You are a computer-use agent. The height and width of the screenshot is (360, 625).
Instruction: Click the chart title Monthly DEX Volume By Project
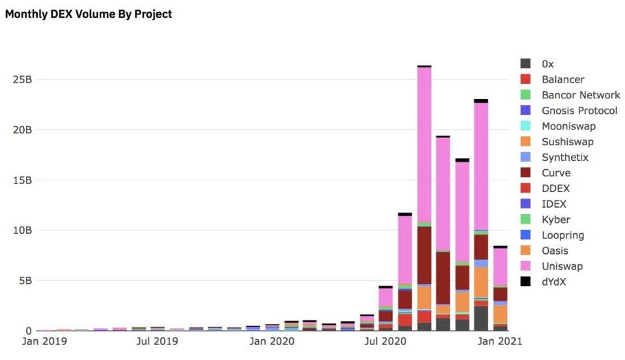click(x=89, y=14)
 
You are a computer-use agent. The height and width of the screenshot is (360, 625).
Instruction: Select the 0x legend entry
click(x=548, y=64)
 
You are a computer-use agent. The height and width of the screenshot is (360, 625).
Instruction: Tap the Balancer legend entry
click(x=562, y=79)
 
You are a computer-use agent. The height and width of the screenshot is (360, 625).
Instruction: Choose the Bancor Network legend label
click(x=581, y=95)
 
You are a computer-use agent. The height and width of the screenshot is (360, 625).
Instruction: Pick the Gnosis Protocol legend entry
click(x=579, y=111)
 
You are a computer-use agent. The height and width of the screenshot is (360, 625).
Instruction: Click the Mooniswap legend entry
click(x=568, y=126)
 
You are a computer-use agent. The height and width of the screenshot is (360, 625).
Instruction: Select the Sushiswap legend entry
click(x=567, y=142)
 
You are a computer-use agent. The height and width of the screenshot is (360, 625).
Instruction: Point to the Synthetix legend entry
click(x=564, y=158)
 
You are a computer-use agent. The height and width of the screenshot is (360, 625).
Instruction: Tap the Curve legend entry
click(x=555, y=173)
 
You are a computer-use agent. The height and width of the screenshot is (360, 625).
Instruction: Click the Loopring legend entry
click(x=562, y=236)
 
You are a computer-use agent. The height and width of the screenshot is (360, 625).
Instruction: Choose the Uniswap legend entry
click(x=562, y=266)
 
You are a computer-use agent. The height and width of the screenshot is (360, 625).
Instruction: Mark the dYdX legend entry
click(x=554, y=282)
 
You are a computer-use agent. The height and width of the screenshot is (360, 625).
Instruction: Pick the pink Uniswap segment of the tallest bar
click(x=424, y=143)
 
